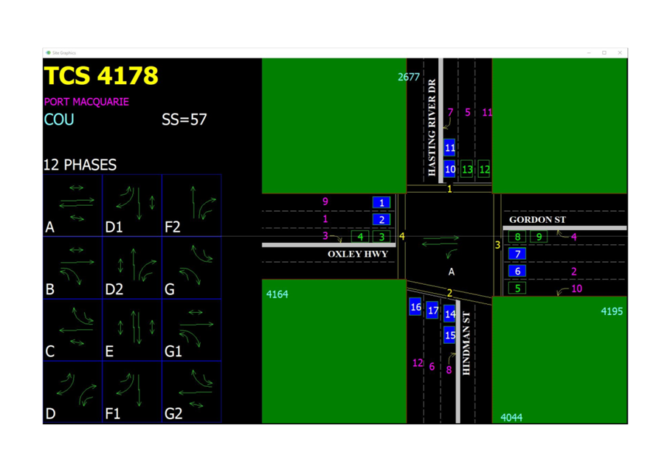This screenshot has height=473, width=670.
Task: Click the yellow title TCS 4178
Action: [101, 75]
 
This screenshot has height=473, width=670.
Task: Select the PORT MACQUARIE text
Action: [86, 102]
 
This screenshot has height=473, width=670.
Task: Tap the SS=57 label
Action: [184, 120]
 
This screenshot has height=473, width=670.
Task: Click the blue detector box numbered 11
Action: [449, 148]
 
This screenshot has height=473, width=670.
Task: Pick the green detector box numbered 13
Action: [467, 170]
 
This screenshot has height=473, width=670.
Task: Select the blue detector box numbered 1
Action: [381, 202]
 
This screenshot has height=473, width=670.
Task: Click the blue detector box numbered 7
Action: [517, 254]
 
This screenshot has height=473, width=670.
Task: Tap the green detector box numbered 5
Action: [517, 289]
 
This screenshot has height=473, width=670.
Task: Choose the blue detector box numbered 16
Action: [415, 307]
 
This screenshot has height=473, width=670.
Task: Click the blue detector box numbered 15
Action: [449, 335]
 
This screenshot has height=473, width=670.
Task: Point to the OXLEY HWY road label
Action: [358, 255]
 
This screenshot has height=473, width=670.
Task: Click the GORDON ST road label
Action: [537, 220]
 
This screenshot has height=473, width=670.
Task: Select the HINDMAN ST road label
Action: [466, 344]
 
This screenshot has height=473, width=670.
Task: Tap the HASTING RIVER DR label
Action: [432, 128]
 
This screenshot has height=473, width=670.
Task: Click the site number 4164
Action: [277, 294]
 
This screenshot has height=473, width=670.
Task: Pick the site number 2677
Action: [409, 77]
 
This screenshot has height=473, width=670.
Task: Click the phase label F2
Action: [173, 227]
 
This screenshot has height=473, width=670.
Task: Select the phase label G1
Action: [173, 351]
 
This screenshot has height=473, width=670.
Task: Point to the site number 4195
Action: [612, 311]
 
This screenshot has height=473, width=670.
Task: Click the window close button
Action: [620, 52]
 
